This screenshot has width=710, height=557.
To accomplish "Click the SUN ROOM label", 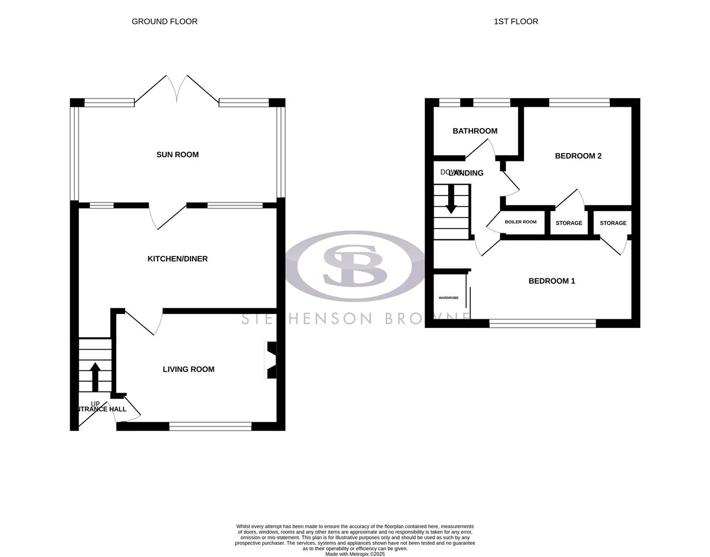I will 177,155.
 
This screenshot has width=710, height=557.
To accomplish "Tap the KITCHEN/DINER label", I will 178,259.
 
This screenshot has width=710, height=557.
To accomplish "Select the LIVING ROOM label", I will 188,369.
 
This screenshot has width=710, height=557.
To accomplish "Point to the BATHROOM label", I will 475,131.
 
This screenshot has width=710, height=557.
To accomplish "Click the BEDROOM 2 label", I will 578,156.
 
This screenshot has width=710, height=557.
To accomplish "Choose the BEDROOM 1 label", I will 551,281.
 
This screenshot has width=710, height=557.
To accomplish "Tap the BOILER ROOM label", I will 520,222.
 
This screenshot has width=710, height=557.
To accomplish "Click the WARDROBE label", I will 449,298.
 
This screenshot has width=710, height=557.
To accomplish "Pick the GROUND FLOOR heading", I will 164,22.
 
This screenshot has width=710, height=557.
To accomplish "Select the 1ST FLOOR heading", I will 516,22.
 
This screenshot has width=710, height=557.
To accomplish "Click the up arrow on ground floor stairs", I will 95,376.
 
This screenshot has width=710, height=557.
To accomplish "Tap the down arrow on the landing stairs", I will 451,199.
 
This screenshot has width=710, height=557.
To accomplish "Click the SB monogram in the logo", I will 355,266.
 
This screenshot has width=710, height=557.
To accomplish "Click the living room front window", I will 210,426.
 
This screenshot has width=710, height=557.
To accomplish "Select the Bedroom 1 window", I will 542,323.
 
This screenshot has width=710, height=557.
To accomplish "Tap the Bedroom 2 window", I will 579,103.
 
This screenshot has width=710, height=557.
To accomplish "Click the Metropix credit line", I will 355,554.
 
